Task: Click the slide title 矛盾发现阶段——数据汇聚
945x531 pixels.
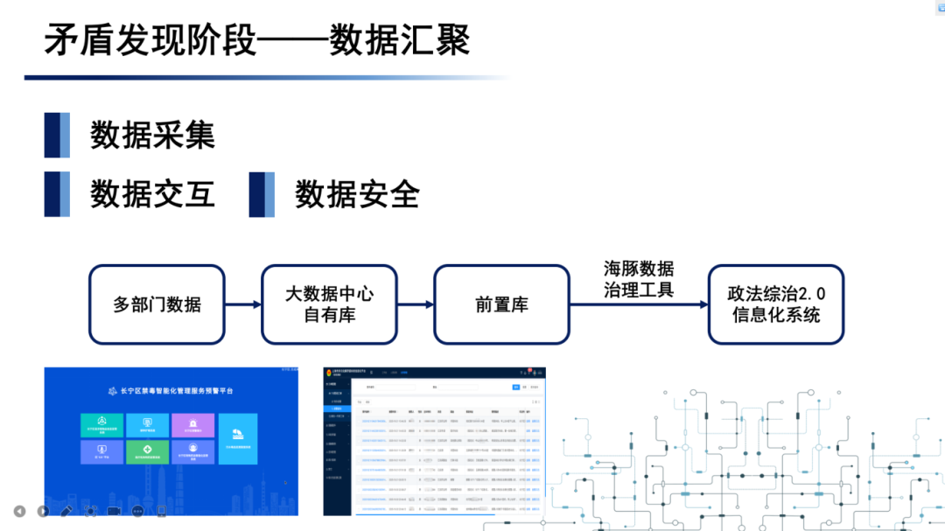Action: pyautogui.click(x=257, y=41)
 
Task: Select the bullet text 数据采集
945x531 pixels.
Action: pyautogui.click(x=152, y=136)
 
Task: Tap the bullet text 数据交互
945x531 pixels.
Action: pyautogui.click(x=152, y=194)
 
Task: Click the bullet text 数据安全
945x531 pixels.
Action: pyautogui.click(x=357, y=194)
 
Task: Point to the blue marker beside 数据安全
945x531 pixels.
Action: pyautogui.click(x=262, y=194)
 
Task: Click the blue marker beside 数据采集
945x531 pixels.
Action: pyautogui.click(x=57, y=136)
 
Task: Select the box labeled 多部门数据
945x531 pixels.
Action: pyautogui.click(x=157, y=304)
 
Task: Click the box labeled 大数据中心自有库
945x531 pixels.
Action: pyautogui.click(x=330, y=304)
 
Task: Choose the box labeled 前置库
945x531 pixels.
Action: pyautogui.click(x=501, y=304)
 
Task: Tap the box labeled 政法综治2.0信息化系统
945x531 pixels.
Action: pyautogui.click(x=775, y=304)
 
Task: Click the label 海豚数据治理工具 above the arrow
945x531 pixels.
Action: pyautogui.click(x=639, y=279)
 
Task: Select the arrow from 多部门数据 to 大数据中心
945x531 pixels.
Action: pyautogui.click(x=243, y=304)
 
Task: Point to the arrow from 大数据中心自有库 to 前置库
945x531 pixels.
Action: pyautogui.click(x=416, y=304)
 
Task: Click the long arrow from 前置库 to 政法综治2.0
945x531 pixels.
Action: pyautogui.click(x=639, y=304)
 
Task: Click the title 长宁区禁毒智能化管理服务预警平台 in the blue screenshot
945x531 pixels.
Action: pyautogui.click(x=171, y=391)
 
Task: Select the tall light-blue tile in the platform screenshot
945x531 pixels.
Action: pyautogui.click(x=238, y=437)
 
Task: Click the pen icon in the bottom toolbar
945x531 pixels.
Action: pyautogui.click(x=66, y=511)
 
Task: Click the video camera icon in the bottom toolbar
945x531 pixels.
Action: pyautogui.click(x=114, y=511)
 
